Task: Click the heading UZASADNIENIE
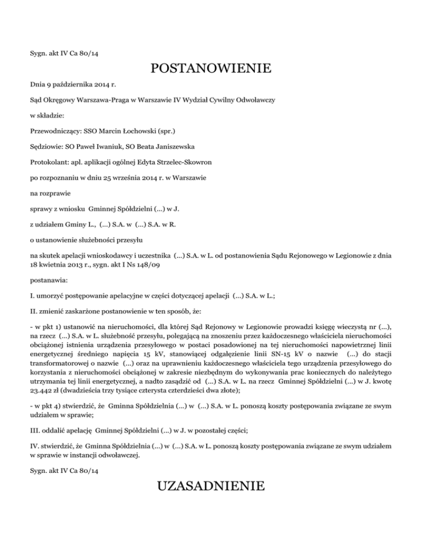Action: point(210,487)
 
